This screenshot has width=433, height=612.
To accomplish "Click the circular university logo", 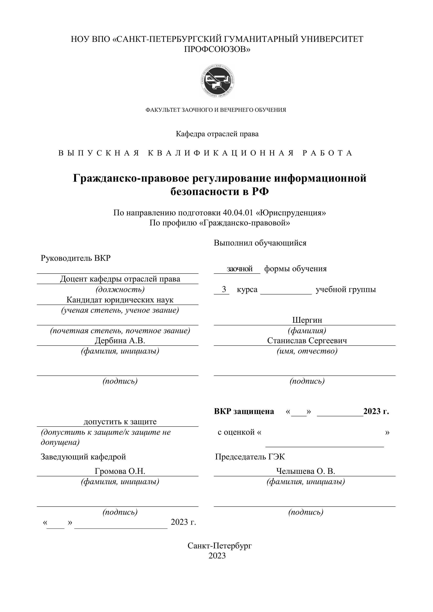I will [x=217, y=81].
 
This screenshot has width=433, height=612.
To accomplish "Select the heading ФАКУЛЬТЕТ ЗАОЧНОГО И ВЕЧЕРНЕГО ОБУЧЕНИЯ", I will [x=215, y=110].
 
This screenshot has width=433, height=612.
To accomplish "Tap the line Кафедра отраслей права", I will [x=217, y=134].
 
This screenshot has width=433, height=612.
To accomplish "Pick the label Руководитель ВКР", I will [x=75, y=258].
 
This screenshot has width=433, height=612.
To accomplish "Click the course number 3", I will [x=224, y=289].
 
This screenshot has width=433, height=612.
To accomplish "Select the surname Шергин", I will [x=307, y=320].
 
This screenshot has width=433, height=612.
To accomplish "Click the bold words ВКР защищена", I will [x=244, y=411].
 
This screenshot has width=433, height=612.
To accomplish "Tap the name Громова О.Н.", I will [x=120, y=471].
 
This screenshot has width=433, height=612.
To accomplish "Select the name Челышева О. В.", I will [x=305, y=471].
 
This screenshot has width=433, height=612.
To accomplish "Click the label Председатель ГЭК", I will [x=250, y=457].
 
